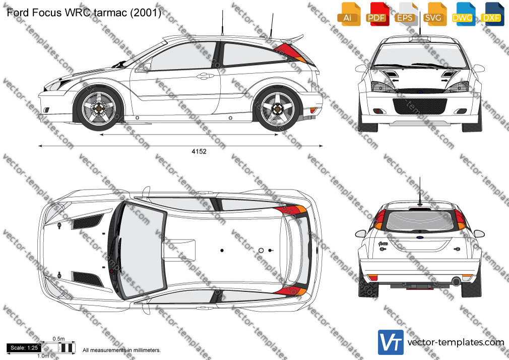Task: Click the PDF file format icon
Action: [x=377, y=14]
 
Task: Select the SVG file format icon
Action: [x=434, y=14]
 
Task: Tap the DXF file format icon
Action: [x=492, y=14]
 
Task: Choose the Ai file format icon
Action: [x=349, y=14]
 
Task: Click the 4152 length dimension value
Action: [x=199, y=151]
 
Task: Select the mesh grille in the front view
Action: [x=420, y=106]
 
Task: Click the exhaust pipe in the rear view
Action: [x=457, y=281]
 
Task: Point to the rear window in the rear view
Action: [x=421, y=221]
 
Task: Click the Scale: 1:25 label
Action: [x=24, y=348]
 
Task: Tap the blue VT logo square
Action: [x=391, y=342]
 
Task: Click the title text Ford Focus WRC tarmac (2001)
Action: [x=84, y=12]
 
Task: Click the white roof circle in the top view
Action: [x=261, y=251]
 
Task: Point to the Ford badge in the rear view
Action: [x=420, y=237]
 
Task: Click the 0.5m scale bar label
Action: [x=58, y=339]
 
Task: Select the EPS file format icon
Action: [x=406, y=14]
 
